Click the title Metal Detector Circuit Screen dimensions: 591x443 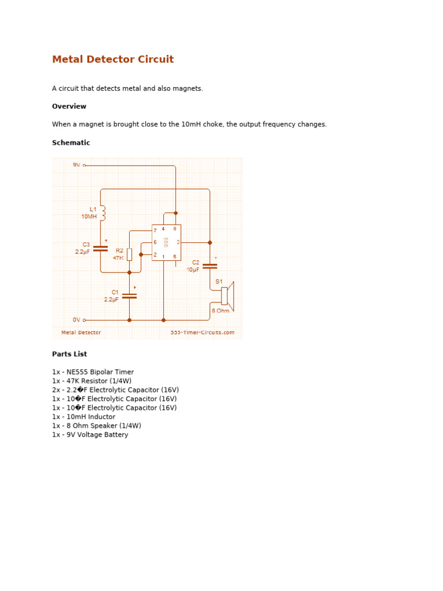[x=112, y=59]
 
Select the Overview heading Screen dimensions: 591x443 [x=69, y=106]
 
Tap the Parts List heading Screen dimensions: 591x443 [x=69, y=354]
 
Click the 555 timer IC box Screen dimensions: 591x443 [x=166, y=242]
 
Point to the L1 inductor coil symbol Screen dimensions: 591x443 [x=103, y=213]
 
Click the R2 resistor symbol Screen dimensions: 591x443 [x=129, y=254]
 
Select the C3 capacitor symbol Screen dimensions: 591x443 [x=100, y=248]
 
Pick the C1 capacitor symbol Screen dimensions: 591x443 [x=129, y=296]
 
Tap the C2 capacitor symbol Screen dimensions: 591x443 [x=210, y=266]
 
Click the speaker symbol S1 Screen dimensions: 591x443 [x=227, y=295]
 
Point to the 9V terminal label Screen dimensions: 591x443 [x=77, y=165]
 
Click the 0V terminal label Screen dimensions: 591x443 [x=77, y=320]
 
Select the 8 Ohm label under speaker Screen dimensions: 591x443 [x=220, y=311]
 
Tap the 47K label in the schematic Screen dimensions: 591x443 [x=118, y=258]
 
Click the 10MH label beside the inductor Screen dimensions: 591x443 [x=89, y=216]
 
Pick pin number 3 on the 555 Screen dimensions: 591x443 [x=178, y=242]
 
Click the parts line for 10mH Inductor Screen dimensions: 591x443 [x=84, y=417]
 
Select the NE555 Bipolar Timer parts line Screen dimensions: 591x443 [x=92, y=372]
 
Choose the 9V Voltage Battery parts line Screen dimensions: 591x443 [x=90, y=435]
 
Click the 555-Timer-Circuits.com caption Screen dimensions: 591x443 [x=202, y=332]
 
